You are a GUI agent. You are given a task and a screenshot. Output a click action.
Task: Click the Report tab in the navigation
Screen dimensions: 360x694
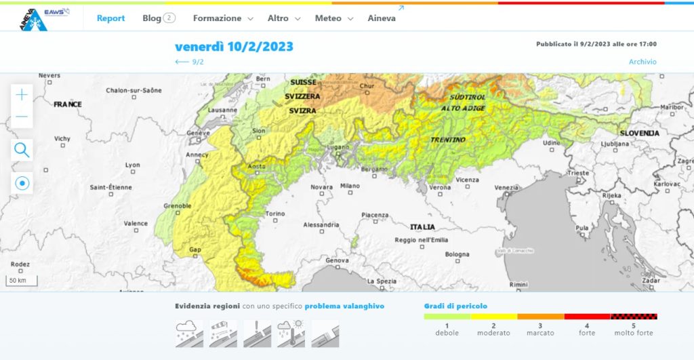[110, 18]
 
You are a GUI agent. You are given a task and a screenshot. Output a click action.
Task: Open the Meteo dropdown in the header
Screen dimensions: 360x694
[334, 18]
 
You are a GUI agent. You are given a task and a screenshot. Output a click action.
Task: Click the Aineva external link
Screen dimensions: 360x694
[382, 18]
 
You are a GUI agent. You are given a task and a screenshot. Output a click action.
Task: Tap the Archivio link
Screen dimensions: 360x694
[642, 62]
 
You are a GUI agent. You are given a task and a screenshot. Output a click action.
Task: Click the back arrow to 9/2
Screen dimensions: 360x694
[189, 62]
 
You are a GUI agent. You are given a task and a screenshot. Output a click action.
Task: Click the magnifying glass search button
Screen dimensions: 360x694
[22, 150]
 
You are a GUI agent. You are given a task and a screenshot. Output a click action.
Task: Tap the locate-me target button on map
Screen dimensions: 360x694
[22, 183]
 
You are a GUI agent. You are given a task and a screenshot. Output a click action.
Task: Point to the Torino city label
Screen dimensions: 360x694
[275, 214]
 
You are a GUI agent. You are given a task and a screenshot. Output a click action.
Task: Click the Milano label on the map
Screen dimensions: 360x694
[350, 185]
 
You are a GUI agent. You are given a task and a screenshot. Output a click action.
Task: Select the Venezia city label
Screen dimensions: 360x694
[507, 187]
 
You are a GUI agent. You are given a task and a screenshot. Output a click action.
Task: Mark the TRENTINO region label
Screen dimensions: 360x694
[448, 140]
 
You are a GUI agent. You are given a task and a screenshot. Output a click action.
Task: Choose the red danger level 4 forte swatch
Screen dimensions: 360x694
[587, 317]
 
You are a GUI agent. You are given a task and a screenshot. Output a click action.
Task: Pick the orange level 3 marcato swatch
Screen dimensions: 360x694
[540, 317]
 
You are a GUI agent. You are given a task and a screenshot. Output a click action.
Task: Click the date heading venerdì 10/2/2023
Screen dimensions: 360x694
[234, 47]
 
